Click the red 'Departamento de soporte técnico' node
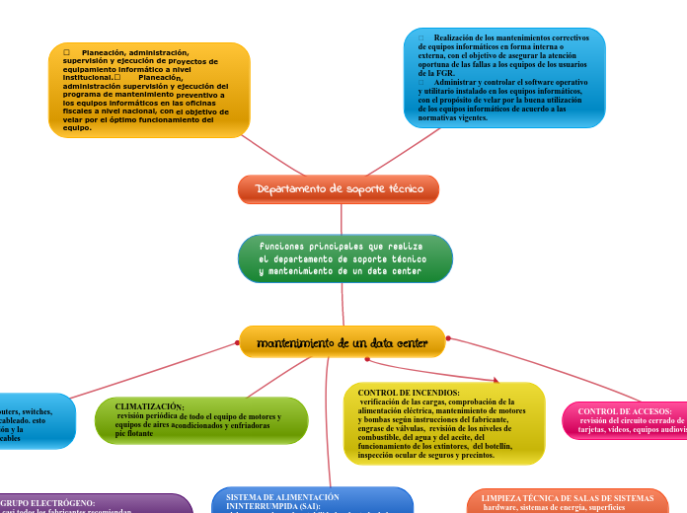tap(339, 188)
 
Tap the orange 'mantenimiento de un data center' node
tap(342, 343)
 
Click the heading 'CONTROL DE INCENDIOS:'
tap(402, 393)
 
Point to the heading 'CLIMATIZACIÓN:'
tap(149, 406)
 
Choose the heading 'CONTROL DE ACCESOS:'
tap(625, 410)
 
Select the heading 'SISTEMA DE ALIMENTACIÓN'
tap(282, 496)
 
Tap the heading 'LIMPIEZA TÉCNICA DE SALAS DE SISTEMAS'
tap(568, 498)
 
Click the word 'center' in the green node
tap(408, 270)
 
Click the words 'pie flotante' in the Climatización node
tap(134, 434)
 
